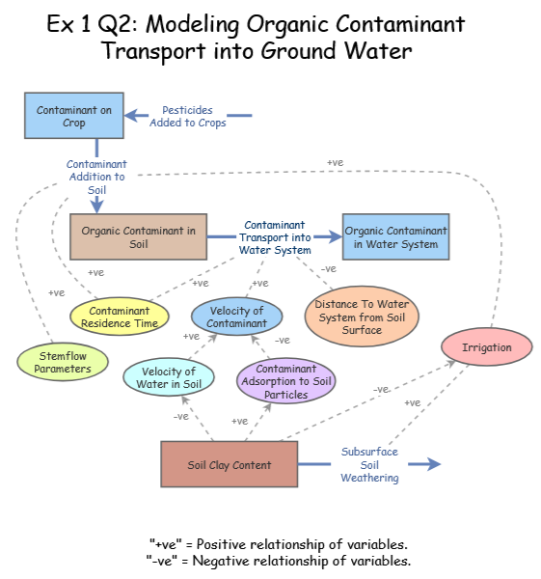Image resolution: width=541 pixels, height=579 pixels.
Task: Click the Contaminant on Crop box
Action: click(74, 117)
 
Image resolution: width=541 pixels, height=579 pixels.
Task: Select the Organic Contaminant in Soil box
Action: click(138, 237)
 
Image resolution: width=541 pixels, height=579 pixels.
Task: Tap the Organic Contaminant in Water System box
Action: click(395, 237)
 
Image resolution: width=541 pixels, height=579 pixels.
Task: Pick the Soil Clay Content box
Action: click(229, 465)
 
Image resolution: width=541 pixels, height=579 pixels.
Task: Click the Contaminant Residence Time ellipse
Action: click(120, 317)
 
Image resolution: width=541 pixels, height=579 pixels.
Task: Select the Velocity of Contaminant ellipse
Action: click(236, 317)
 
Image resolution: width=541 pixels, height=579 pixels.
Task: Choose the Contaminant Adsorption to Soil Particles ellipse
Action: click(285, 381)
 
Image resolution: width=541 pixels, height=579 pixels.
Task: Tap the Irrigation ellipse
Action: click(487, 347)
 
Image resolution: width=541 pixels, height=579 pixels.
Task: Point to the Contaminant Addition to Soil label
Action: click(96, 178)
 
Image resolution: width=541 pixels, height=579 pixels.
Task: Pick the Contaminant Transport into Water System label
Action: click(275, 237)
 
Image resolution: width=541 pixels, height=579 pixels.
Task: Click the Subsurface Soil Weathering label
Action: click(369, 464)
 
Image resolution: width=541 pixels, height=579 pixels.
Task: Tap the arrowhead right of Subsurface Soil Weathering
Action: click(433, 464)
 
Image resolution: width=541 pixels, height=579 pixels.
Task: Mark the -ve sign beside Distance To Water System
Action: click(328, 268)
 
